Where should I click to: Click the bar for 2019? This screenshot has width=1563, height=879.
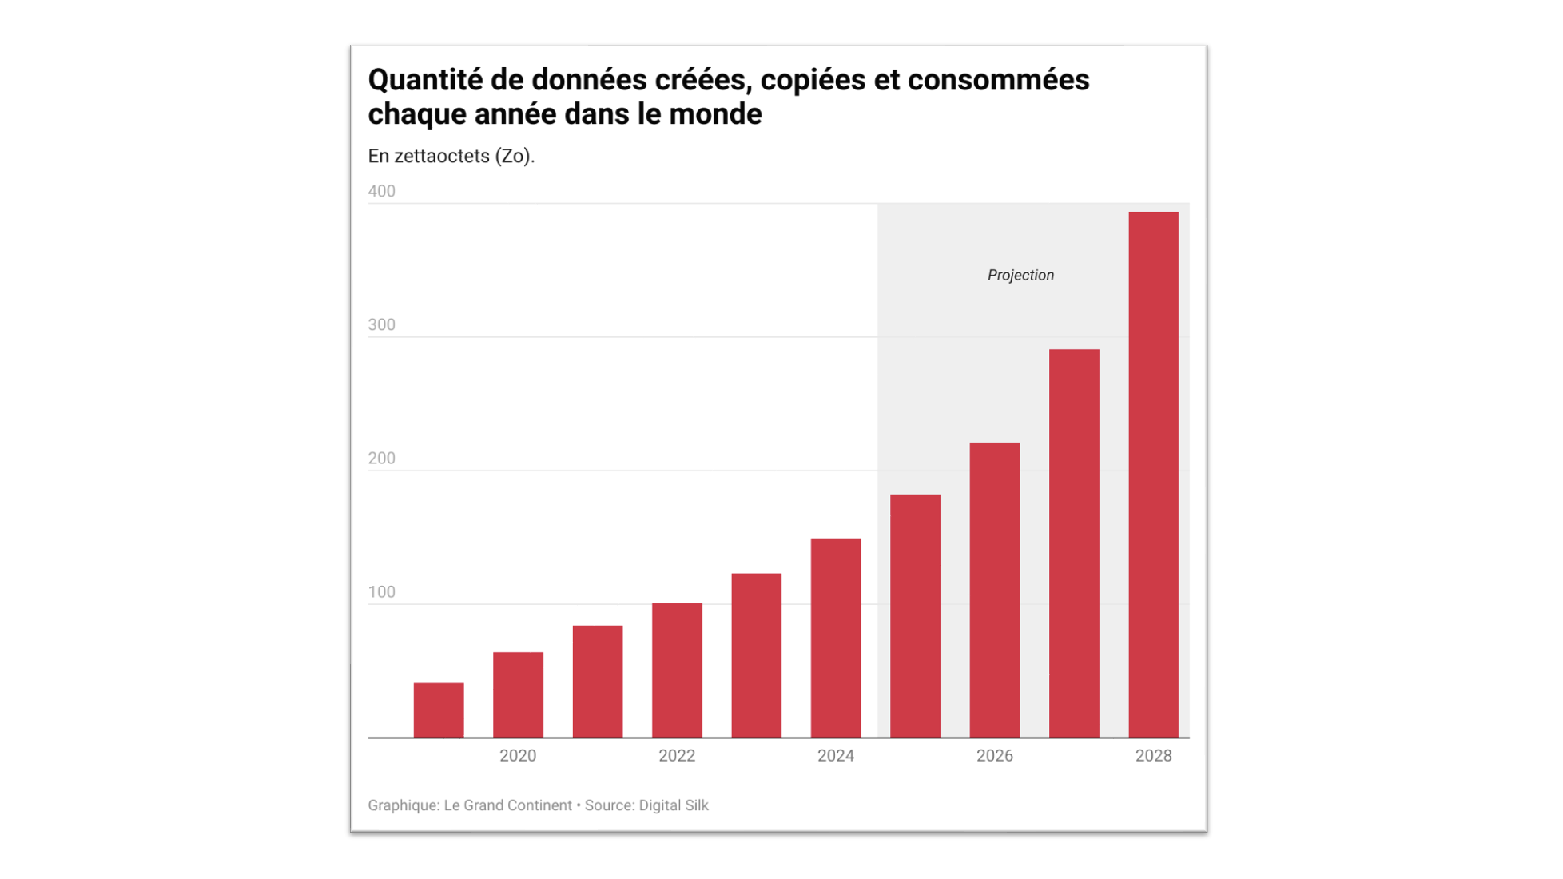pyautogui.click(x=439, y=710)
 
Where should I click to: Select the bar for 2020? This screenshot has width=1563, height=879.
pyautogui.click(x=518, y=694)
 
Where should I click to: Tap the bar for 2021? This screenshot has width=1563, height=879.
pyautogui.click(x=598, y=681)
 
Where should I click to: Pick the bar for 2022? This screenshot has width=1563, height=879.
pyautogui.click(x=677, y=670)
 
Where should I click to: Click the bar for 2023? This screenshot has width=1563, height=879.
pyautogui.click(x=757, y=655)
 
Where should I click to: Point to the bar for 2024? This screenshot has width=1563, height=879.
pyautogui.click(x=836, y=638)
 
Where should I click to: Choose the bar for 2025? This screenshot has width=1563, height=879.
pyautogui.click(x=915, y=615)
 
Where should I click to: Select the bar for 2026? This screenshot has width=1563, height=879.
pyautogui.click(x=995, y=590)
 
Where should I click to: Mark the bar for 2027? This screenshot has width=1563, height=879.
pyautogui.click(x=1074, y=543)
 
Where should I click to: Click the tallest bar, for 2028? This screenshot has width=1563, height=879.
pyautogui.click(x=1153, y=475)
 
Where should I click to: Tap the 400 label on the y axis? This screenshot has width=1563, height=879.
pyautogui.click(x=381, y=191)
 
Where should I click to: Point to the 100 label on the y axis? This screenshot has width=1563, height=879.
pyautogui.click(x=381, y=592)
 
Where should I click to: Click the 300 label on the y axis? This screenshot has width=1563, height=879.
pyautogui.click(x=381, y=324)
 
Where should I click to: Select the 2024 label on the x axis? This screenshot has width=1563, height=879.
pyautogui.click(x=836, y=756)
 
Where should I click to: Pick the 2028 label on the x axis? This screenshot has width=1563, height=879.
pyautogui.click(x=1153, y=756)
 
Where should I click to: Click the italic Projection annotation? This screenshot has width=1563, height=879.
pyautogui.click(x=1020, y=276)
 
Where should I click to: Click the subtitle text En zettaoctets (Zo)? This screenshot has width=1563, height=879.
pyautogui.click(x=451, y=156)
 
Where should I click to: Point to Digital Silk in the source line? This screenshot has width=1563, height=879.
pyautogui.click(x=673, y=805)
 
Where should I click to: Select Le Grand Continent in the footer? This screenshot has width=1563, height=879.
pyautogui.click(x=507, y=805)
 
